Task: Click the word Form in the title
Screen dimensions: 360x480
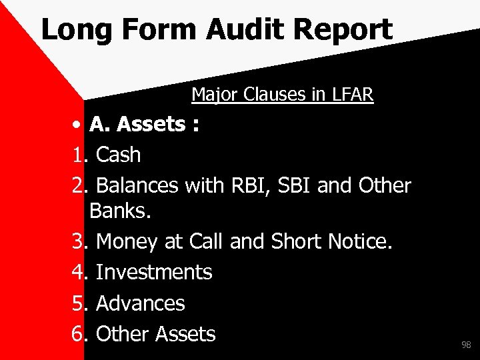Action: pyautogui.click(x=160, y=30)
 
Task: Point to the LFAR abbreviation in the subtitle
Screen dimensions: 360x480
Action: pyautogui.click(x=351, y=95)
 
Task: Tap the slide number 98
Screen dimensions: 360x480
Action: pyautogui.click(x=466, y=345)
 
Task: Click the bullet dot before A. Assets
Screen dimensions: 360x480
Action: pyautogui.click(x=78, y=125)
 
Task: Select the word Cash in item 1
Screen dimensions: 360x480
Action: pyautogui.click(x=119, y=155)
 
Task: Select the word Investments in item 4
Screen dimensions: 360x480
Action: pyautogui.click(x=154, y=272)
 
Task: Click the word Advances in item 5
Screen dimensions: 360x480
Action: pyautogui.click(x=141, y=303)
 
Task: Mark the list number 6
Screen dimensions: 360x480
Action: pyautogui.click(x=78, y=334)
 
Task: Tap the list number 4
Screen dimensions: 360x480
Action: pyautogui.click(x=78, y=272)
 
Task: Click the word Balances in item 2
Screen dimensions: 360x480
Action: pyautogui.click(x=137, y=185)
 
